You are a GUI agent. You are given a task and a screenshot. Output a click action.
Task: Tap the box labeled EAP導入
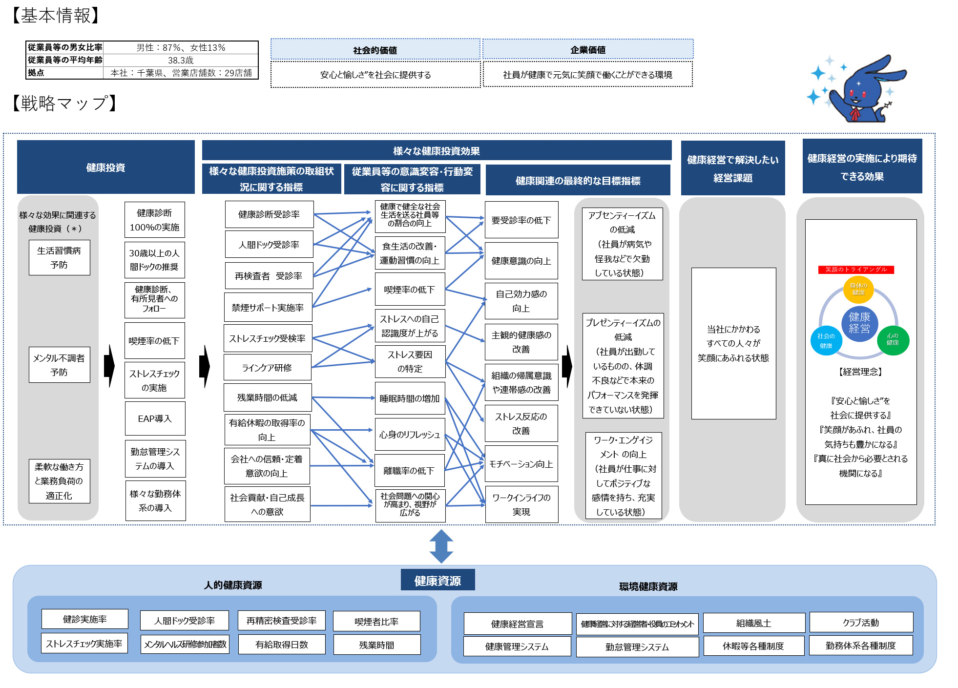[155, 418]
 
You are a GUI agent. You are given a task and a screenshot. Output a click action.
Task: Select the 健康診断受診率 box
[269, 214]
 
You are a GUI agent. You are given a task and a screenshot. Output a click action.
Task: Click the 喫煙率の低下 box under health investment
[154, 341]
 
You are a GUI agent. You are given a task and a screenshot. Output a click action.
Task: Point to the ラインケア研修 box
[267, 367]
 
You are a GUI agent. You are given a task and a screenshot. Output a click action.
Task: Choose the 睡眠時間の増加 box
[410, 398]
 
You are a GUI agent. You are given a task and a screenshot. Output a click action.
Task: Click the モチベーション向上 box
[521, 464]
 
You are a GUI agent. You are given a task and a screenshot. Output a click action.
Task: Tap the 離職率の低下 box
[409, 471]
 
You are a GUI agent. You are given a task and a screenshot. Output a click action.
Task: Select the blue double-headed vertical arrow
[441, 546]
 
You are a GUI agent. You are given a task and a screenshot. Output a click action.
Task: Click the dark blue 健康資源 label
[437, 580]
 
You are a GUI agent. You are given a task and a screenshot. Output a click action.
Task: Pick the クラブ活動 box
[861, 622]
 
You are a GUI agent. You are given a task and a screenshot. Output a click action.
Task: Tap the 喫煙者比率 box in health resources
[376, 621]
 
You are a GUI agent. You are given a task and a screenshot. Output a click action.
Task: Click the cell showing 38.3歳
[181, 60]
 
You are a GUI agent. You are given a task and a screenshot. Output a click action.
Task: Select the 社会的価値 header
[375, 50]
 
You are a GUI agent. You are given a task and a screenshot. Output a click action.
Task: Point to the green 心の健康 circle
[893, 340]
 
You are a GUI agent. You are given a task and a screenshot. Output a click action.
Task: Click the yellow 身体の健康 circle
[858, 289]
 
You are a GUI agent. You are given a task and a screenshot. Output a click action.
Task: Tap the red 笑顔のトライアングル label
[855, 270]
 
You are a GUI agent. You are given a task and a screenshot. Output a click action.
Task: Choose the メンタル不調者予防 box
[59, 365]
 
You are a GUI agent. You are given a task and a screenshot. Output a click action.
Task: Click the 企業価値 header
[588, 49]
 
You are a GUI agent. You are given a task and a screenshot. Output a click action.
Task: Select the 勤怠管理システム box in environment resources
[637, 646]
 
